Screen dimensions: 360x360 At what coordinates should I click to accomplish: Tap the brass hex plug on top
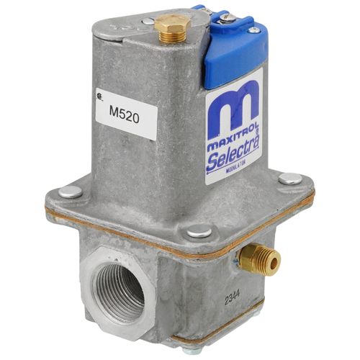coord(172,30)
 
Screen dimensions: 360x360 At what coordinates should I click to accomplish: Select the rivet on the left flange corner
coord(70,192)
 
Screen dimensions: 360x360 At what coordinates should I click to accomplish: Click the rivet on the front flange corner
coord(197,232)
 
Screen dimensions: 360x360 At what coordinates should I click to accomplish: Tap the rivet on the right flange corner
coord(290,179)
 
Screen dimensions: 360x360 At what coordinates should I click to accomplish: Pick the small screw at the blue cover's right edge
coord(253,30)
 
